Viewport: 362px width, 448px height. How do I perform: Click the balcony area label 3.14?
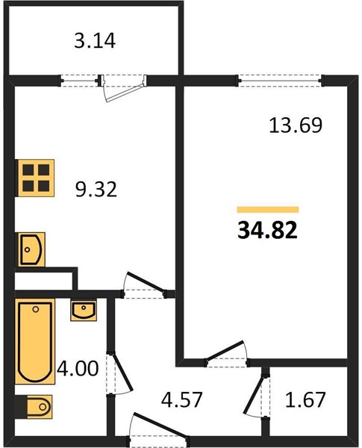[95, 41]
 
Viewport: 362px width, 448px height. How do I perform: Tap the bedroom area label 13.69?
[296, 125]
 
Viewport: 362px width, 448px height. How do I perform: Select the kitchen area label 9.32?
[96, 189]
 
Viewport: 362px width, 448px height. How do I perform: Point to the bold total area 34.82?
[267, 230]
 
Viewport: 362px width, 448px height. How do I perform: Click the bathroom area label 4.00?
[78, 368]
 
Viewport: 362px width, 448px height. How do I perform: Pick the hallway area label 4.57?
[181, 399]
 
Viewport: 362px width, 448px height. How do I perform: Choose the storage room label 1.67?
[305, 399]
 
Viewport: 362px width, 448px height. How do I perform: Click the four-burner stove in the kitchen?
[36, 178]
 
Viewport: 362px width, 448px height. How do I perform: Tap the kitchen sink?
[31, 249]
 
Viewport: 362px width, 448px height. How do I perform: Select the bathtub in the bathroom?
[35, 342]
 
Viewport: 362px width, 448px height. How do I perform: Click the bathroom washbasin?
[84, 311]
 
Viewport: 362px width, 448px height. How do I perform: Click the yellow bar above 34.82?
[268, 210]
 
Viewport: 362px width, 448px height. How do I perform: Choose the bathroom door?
[119, 374]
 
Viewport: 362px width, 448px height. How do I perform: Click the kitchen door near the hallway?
[144, 286]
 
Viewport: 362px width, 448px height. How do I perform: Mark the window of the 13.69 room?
[280, 81]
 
